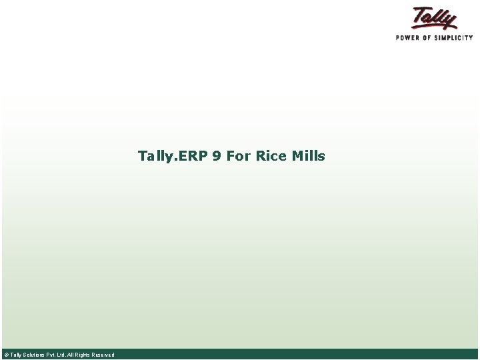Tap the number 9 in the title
pyautogui.click(x=217, y=156)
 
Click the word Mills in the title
pyautogui.click(x=308, y=156)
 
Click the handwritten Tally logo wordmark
pyautogui.click(x=435, y=17)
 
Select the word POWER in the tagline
pyautogui.click(x=407, y=38)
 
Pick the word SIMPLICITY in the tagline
pyautogui.click(x=453, y=38)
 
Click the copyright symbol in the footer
pyautogui.click(x=6, y=355)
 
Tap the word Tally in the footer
pyautogui.click(x=15, y=355)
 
